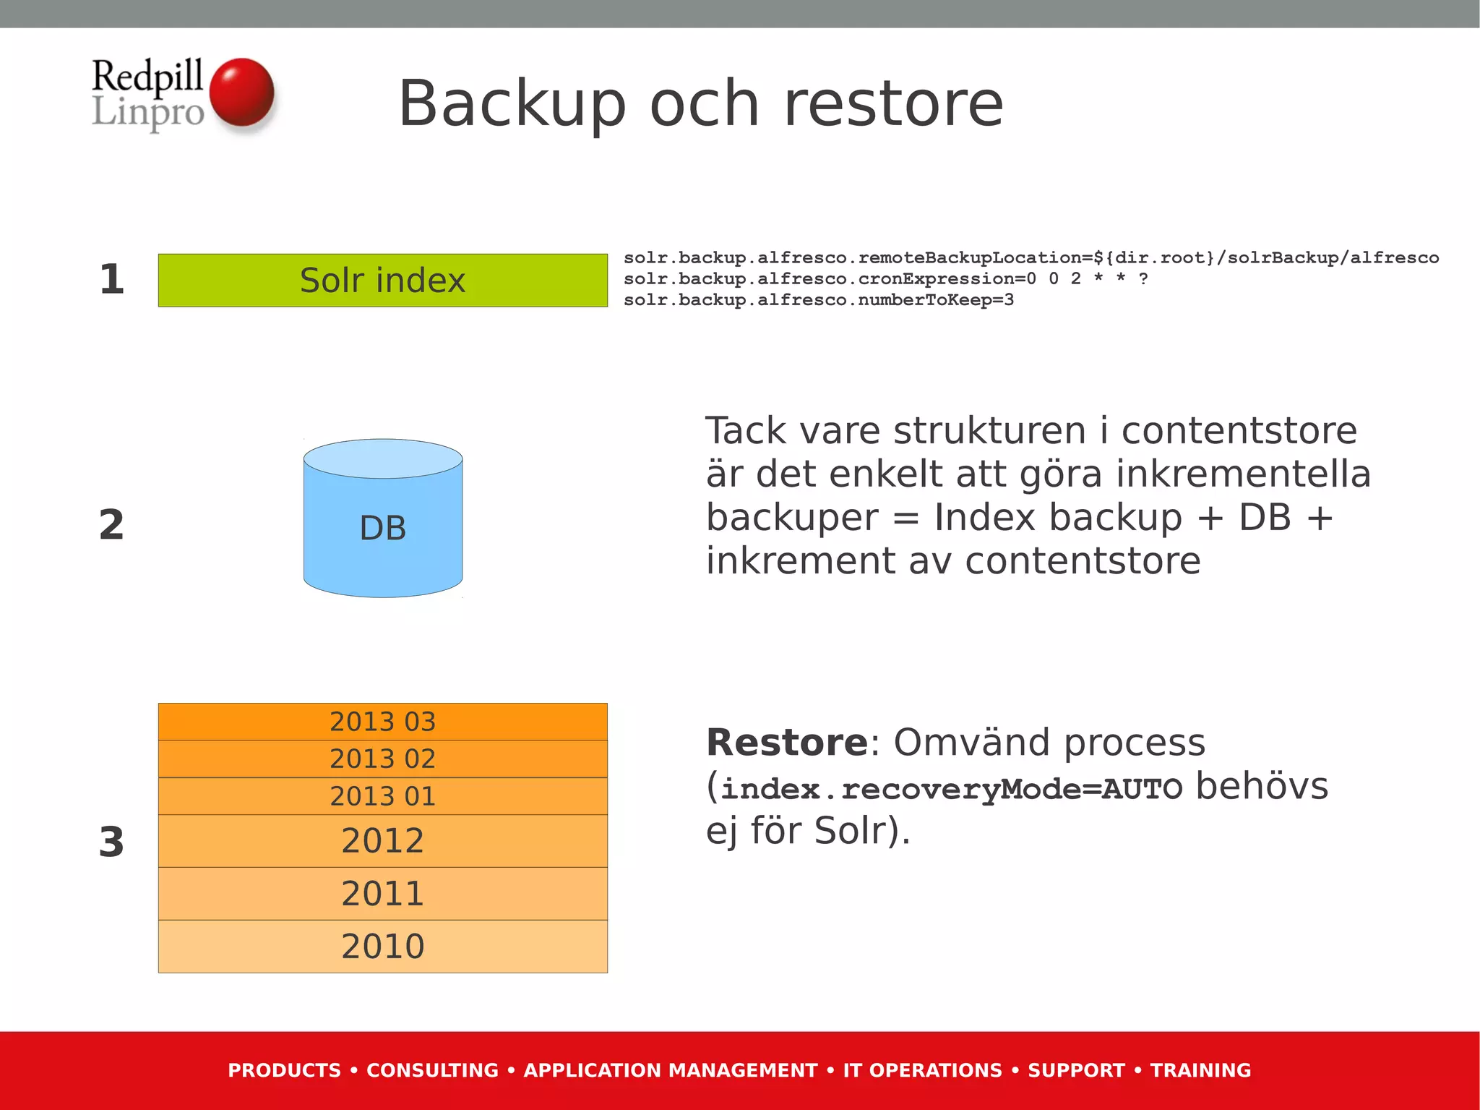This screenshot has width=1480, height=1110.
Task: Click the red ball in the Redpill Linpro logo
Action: point(241,93)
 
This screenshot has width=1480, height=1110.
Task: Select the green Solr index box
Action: point(382,281)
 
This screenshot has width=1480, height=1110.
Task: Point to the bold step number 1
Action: point(111,280)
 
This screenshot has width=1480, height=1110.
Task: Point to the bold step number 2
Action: point(111,524)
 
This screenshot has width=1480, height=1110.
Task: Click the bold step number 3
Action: point(111,842)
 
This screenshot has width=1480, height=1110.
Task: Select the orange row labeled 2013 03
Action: point(382,722)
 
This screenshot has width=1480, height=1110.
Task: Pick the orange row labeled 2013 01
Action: point(382,796)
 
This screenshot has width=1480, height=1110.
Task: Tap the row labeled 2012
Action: point(382,841)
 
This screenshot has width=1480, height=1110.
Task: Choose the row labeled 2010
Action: point(382,947)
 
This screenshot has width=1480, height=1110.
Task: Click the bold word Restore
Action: point(786,743)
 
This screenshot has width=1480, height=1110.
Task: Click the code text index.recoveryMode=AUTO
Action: point(951,788)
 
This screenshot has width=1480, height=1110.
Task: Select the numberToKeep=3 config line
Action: point(818,300)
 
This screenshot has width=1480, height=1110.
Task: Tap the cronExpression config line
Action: point(885,279)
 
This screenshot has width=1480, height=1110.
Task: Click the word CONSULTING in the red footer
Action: point(432,1070)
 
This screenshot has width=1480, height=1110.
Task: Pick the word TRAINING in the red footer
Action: point(1200,1070)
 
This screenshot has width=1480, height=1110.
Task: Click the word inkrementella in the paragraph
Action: point(1242,474)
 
